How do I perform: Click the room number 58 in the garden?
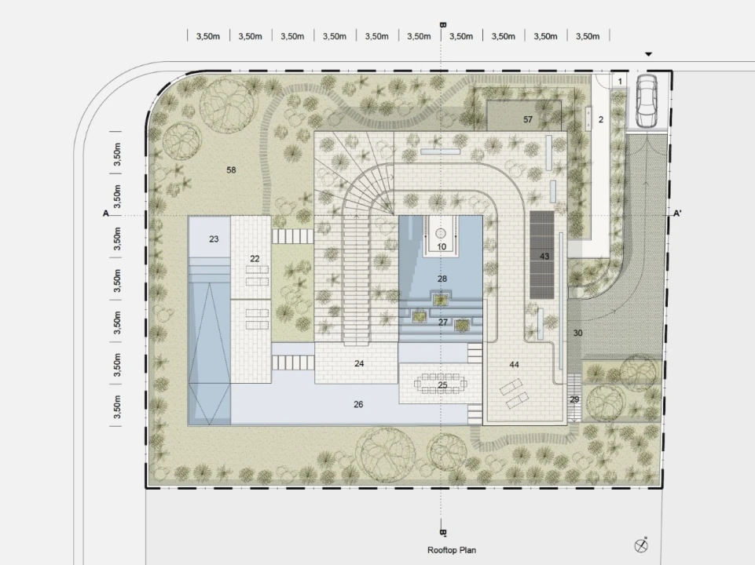(231, 169)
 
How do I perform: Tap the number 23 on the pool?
(214, 239)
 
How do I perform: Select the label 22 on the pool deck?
(255, 259)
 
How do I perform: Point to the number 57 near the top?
(528, 119)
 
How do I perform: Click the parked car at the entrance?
(647, 101)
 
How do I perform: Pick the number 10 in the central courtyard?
(442, 246)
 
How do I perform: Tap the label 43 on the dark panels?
(544, 257)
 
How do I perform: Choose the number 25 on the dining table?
(442, 385)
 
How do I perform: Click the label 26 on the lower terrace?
(358, 404)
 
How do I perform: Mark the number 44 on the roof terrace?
(515, 365)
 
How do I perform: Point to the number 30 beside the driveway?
(577, 333)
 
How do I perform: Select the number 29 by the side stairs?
(574, 399)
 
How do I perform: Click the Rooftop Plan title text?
(452, 550)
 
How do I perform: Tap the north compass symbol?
(641, 545)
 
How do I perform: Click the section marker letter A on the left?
(106, 213)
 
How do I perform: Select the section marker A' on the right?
(677, 213)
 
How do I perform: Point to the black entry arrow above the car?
(649, 54)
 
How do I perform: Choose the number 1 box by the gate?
(620, 82)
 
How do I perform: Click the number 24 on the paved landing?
(359, 363)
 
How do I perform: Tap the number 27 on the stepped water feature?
(443, 323)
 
